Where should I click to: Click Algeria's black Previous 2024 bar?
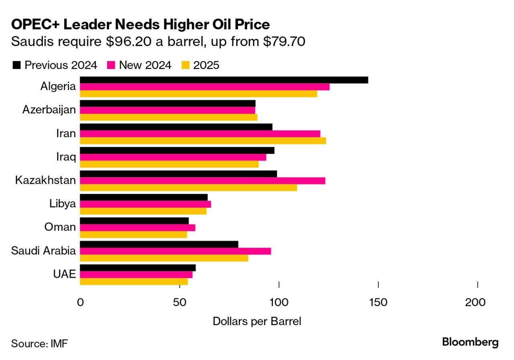[x=224, y=80]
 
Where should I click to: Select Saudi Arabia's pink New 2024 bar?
[x=175, y=251]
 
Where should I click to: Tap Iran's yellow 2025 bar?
[x=203, y=141]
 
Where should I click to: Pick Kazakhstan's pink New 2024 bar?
[x=203, y=181]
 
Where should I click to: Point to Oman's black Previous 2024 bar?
[x=134, y=221]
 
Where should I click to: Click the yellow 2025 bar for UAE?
[x=134, y=281]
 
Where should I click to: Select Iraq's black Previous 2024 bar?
[x=177, y=150]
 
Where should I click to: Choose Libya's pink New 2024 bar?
[x=145, y=204]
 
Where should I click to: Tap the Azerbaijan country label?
[x=49, y=109]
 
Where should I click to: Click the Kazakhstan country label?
[x=45, y=180]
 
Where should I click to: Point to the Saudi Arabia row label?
[x=43, y=251]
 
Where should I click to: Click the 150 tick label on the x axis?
[x=378, y=303]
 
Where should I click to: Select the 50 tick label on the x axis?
[x=180, y=303]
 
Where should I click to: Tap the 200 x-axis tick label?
[x=475, y=303]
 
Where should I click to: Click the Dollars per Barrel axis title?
[x=257, y=322]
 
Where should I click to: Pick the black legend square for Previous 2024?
[x=16, y=65]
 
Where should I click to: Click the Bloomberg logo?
[x=470, y=342]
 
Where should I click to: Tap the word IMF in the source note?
[x=59, y=344]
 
